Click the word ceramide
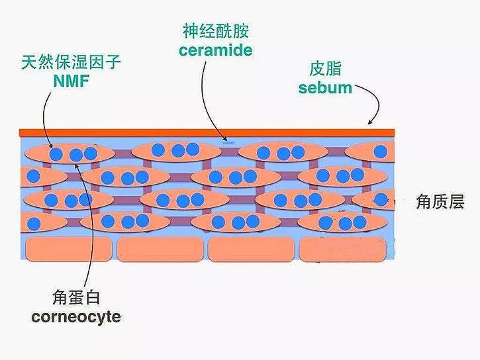click(216, 50)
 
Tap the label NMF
click(71, 81)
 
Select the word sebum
click(325, 88)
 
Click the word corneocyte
click(75, 317)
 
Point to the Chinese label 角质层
click(440, 202)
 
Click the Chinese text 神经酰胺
click(216, 31)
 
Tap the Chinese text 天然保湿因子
click(71, 62)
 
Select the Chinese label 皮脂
click(325, 69)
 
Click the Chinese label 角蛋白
click(76, 297)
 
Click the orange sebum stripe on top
click(207, 133)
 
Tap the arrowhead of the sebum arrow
click(370, 122)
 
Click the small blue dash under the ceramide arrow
click(228, 142)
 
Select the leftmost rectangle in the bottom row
click(69, 249)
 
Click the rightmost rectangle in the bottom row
click(343, 249)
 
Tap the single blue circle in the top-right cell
click(381, 152)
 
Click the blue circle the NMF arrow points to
click(56, 154)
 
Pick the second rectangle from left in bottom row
click(160, 249)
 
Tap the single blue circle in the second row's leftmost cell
click(33, 177)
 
